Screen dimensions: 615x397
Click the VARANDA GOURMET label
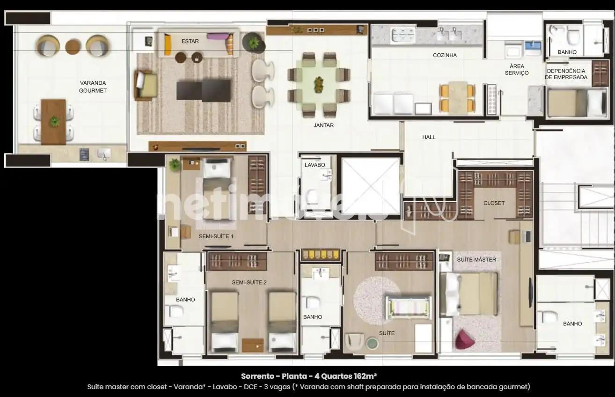[x=93, y=87]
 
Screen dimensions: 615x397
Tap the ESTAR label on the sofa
[x=190, y=41]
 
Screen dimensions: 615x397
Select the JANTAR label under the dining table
[x=324, y=125]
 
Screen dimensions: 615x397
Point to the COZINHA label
[x=445, y=55]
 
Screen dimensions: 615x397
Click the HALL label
[x=429, y=137]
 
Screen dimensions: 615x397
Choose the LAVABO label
[x=315, y=165]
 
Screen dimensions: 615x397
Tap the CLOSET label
[x=494, y=203]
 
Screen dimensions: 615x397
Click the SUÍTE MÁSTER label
[x=476, y=259]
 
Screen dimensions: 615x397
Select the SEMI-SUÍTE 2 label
[x=249, y=282]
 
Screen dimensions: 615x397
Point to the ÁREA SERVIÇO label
[x=517, y=69]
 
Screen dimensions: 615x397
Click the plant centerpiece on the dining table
[x=319, y=84]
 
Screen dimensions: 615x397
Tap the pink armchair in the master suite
[x=465, y=339]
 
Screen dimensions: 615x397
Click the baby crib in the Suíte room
[x=408, y=307]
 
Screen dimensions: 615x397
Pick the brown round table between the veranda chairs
[x=73, y=47]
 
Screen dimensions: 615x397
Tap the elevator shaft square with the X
[x=370, y=186]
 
